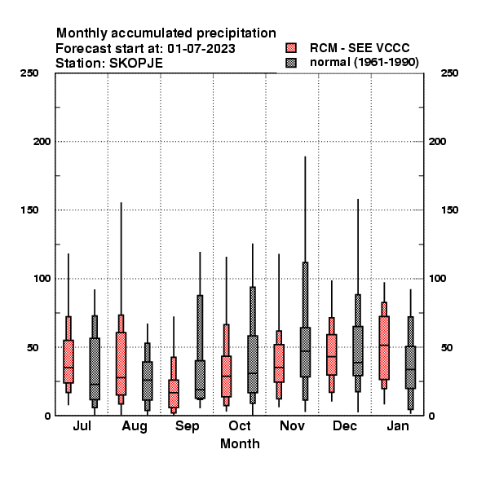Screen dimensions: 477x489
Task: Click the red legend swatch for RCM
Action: pos(291,48)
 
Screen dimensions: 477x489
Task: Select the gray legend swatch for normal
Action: pos(291,63)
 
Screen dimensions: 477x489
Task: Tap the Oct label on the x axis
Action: pos(240,426)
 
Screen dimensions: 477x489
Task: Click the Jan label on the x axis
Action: pos(398,426)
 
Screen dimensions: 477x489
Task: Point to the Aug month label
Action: pos(135,426)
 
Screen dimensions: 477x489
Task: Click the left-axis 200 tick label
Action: pos(42,142)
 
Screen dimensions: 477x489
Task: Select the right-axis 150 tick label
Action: pos(449,210)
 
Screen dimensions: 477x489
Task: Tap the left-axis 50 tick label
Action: pos(32,347)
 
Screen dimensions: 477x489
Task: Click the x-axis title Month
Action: pos(240,444)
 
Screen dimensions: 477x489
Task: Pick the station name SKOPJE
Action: pos(136,64)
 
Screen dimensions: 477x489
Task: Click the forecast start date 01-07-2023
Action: pos(201,49)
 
